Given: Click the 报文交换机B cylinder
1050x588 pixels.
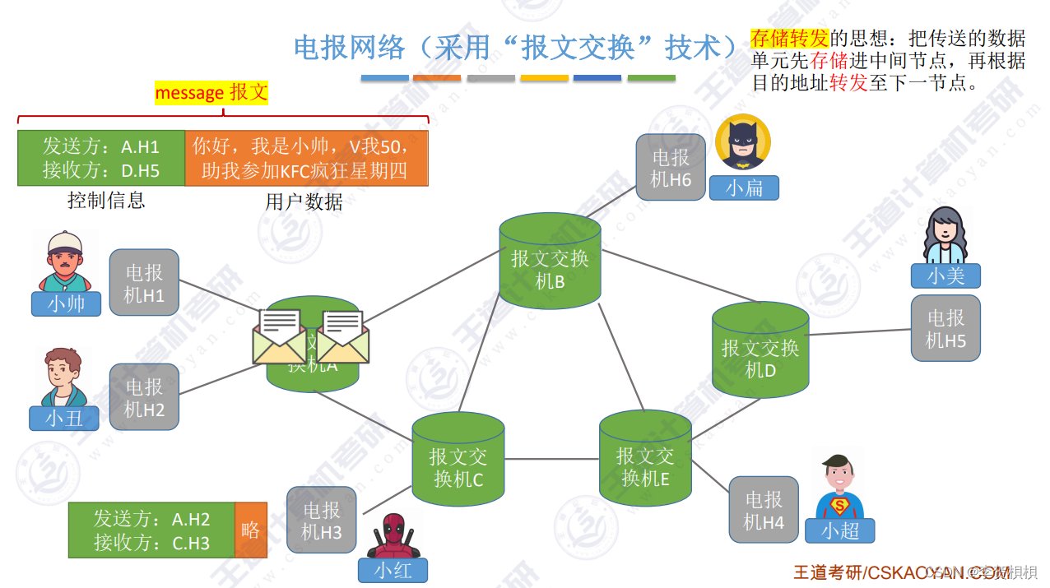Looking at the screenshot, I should pyautogui.click(x=550, y=262).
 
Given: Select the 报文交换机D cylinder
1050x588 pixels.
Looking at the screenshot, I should pyautogui.click(x=760, y=350).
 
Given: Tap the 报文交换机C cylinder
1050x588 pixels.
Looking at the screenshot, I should pyautogui.click(x=458, y=461).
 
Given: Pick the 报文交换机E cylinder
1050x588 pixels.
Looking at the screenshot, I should pyautogui.click(x=645, y=459).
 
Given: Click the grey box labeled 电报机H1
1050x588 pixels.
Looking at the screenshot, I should pyautogui.click(x=144, y=283).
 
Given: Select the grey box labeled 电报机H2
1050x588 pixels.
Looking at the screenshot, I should pyautogui.click(x=144, y=396).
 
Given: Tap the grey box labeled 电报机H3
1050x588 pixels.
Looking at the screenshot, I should pyautogui.click(x=321, y=521).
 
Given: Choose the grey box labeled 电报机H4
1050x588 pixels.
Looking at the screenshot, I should pyautogui.click(x=764, y=510).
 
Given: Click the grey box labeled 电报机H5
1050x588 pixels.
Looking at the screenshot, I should pyautogui.click(x=945, y=328).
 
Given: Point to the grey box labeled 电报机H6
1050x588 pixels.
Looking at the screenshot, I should pyautogui.click(x=671, y=168).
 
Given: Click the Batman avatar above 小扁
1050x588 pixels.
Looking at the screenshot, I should pyautogui.click(x=743, y=141).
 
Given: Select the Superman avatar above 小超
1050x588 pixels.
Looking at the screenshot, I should pyautogui.click(x=839, y=487).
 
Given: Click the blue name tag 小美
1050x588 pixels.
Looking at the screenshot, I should pyautogui.click(x=945, y=275).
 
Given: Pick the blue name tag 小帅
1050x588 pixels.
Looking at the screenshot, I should pyautogui.click(x=66, y=303).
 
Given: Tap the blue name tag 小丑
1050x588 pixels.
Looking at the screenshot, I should pyautogui.click(x=64, y=418).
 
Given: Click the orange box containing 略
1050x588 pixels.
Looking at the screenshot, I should pyautogui.click(x=251, y=530).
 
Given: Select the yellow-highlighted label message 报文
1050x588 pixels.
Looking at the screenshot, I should pyautogui.click(x=211, y=93).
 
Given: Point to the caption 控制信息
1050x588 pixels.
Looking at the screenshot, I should pyautogui.click(x=106, y=200).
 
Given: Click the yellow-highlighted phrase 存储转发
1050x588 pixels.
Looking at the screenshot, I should pyautogui.click(x=788, y=38).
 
